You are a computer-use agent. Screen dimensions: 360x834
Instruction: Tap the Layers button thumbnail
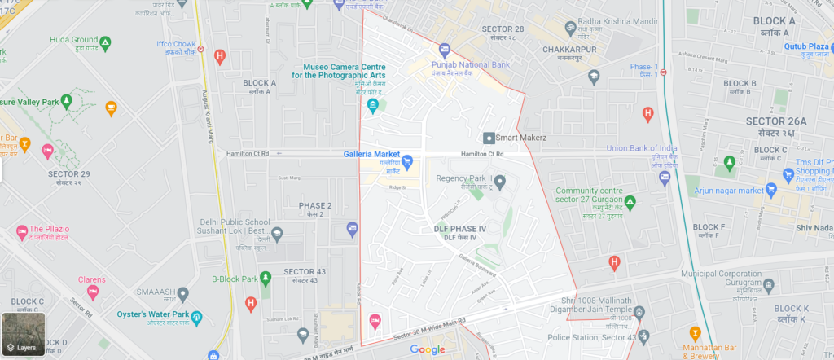point(22,335)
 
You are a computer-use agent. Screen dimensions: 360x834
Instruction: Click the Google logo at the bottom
point(427,349)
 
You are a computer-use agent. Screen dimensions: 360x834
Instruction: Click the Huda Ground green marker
point(105,41)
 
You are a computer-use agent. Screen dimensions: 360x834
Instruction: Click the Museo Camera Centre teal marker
point(372,105)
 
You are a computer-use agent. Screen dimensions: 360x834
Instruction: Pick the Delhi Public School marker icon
point(278,233)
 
